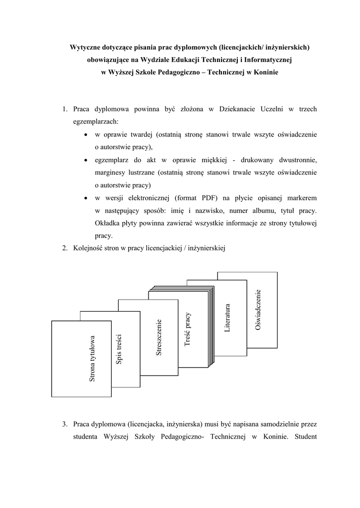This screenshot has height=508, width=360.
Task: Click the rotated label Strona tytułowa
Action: [x=92, y=359]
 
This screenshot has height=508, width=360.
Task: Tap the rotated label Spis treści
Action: [x=119, y=350]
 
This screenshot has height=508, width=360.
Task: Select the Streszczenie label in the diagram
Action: [x=159, y=338]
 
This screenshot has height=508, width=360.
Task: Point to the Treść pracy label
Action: [x=187, y=329]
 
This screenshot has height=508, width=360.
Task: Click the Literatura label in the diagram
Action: [x=227, y=318]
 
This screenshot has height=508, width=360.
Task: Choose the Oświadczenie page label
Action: [x=257, y=310]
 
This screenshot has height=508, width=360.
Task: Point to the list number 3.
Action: [x=65, y=424]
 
